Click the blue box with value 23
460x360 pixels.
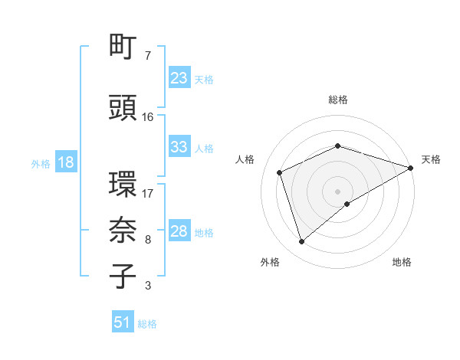[x=179, y=78]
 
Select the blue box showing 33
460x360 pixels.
[x=179, y=147]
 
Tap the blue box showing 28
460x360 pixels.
[x=179, y=231]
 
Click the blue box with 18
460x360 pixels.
[x=65, y=162]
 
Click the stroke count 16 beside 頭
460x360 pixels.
[x=148, y=117]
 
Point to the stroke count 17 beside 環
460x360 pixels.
[x=148, y=193]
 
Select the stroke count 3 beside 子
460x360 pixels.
[x=148, y=286]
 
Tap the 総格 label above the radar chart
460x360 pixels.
[x=338, y=100]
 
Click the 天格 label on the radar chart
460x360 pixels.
[x=431, y=159]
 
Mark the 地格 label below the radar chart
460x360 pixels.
[x=402, y=262]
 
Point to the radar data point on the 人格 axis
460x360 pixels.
[x=280, y=172]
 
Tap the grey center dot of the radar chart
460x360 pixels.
[x=338, y=191]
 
